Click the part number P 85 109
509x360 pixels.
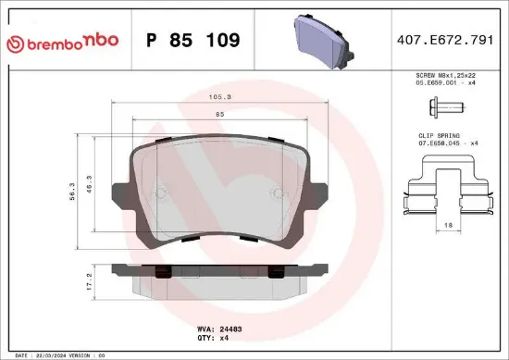pos(193,41)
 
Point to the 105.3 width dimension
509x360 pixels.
pos(219,95)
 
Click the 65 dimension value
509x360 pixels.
pos(219,114)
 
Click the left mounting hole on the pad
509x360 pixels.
pos(160,194)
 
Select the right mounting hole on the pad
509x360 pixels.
pos(276,194)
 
